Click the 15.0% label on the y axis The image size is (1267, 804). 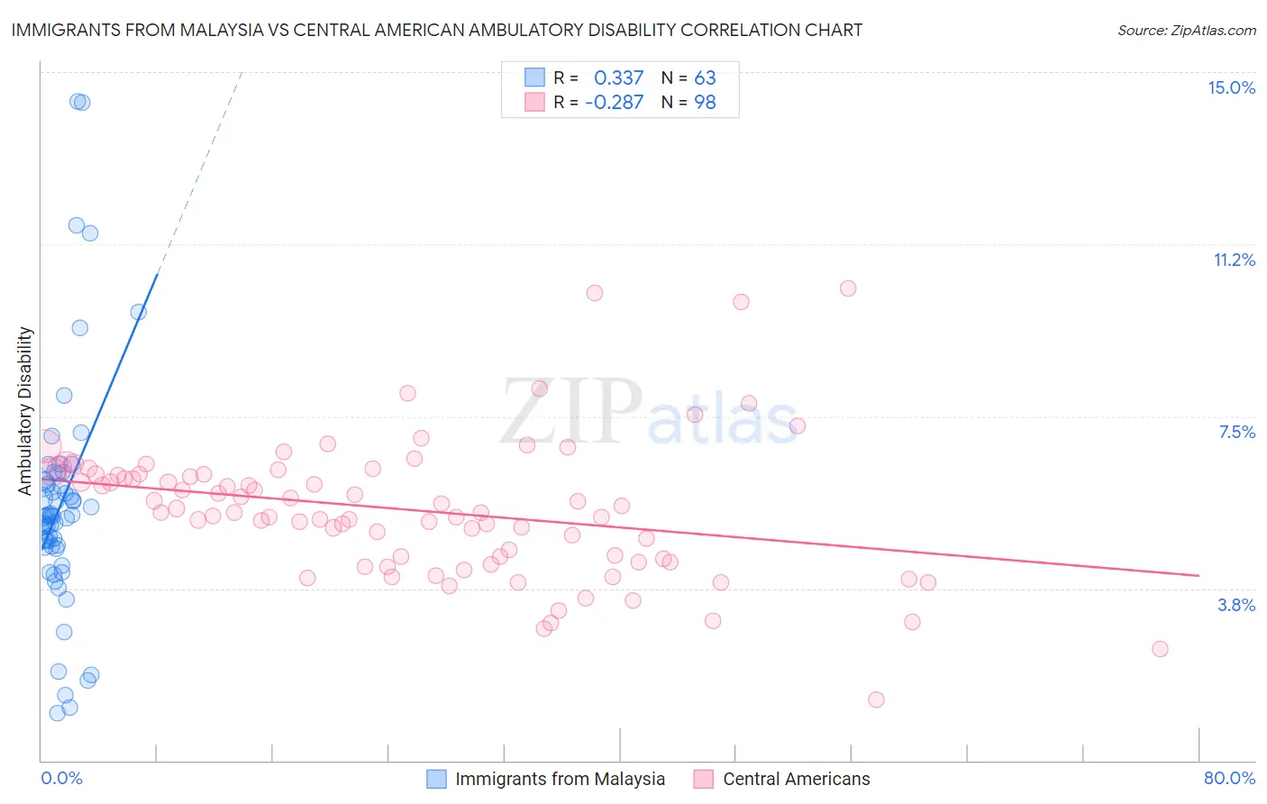pyautogui.click(x=1231, y=87)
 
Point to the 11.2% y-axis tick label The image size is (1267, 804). pyautogui.click(x=1234, y=260)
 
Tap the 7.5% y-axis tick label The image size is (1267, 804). pyautogui.click(x=1236, y=432)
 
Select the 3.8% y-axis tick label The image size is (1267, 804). pyautogui.click(x=1236, y=605)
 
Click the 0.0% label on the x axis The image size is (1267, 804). pyautogui.click(x=61, y=778)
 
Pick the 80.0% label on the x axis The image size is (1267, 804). pyautogui.click(x=1229, y=778)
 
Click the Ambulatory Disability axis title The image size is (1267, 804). pyautogui.click(x=25, y=410)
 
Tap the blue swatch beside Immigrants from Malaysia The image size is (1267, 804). pyautogui.click(x=436, y=779)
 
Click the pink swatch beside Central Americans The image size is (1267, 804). pyautogui.click(x=704, y=779)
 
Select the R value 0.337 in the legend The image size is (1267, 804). pyautogui.click(x=618, y=78)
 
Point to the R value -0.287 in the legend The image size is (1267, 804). pyautogui.click(x=614, y=102)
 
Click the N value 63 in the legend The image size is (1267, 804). pyautogui.click(x=705, y=78)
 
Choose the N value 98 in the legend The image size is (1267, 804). pyautogui.click(x=705, y=102)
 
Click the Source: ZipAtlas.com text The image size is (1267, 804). pyautogui.click(x=1186, y=31)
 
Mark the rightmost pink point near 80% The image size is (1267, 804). pyautogui.click(x=1160, y=649)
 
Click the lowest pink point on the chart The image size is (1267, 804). pyautogui.click(x=876, y=699)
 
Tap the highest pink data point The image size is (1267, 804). pyautogui.click(x=848, y=288)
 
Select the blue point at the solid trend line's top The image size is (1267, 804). pyautogui.click(x=138, y=312)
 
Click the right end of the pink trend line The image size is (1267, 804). pyautogui.click(x=1199, y=575)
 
